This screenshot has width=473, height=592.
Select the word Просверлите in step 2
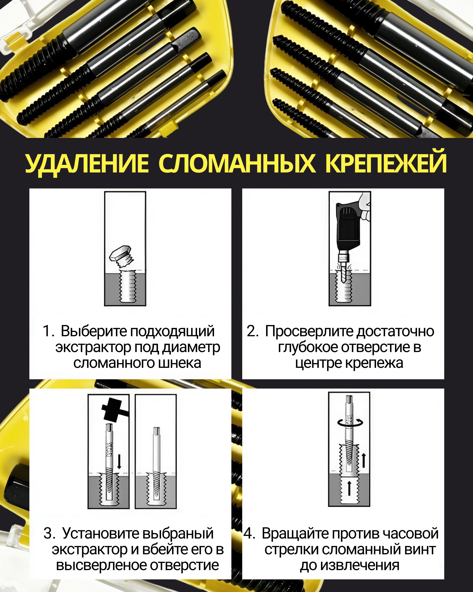(309, 331)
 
